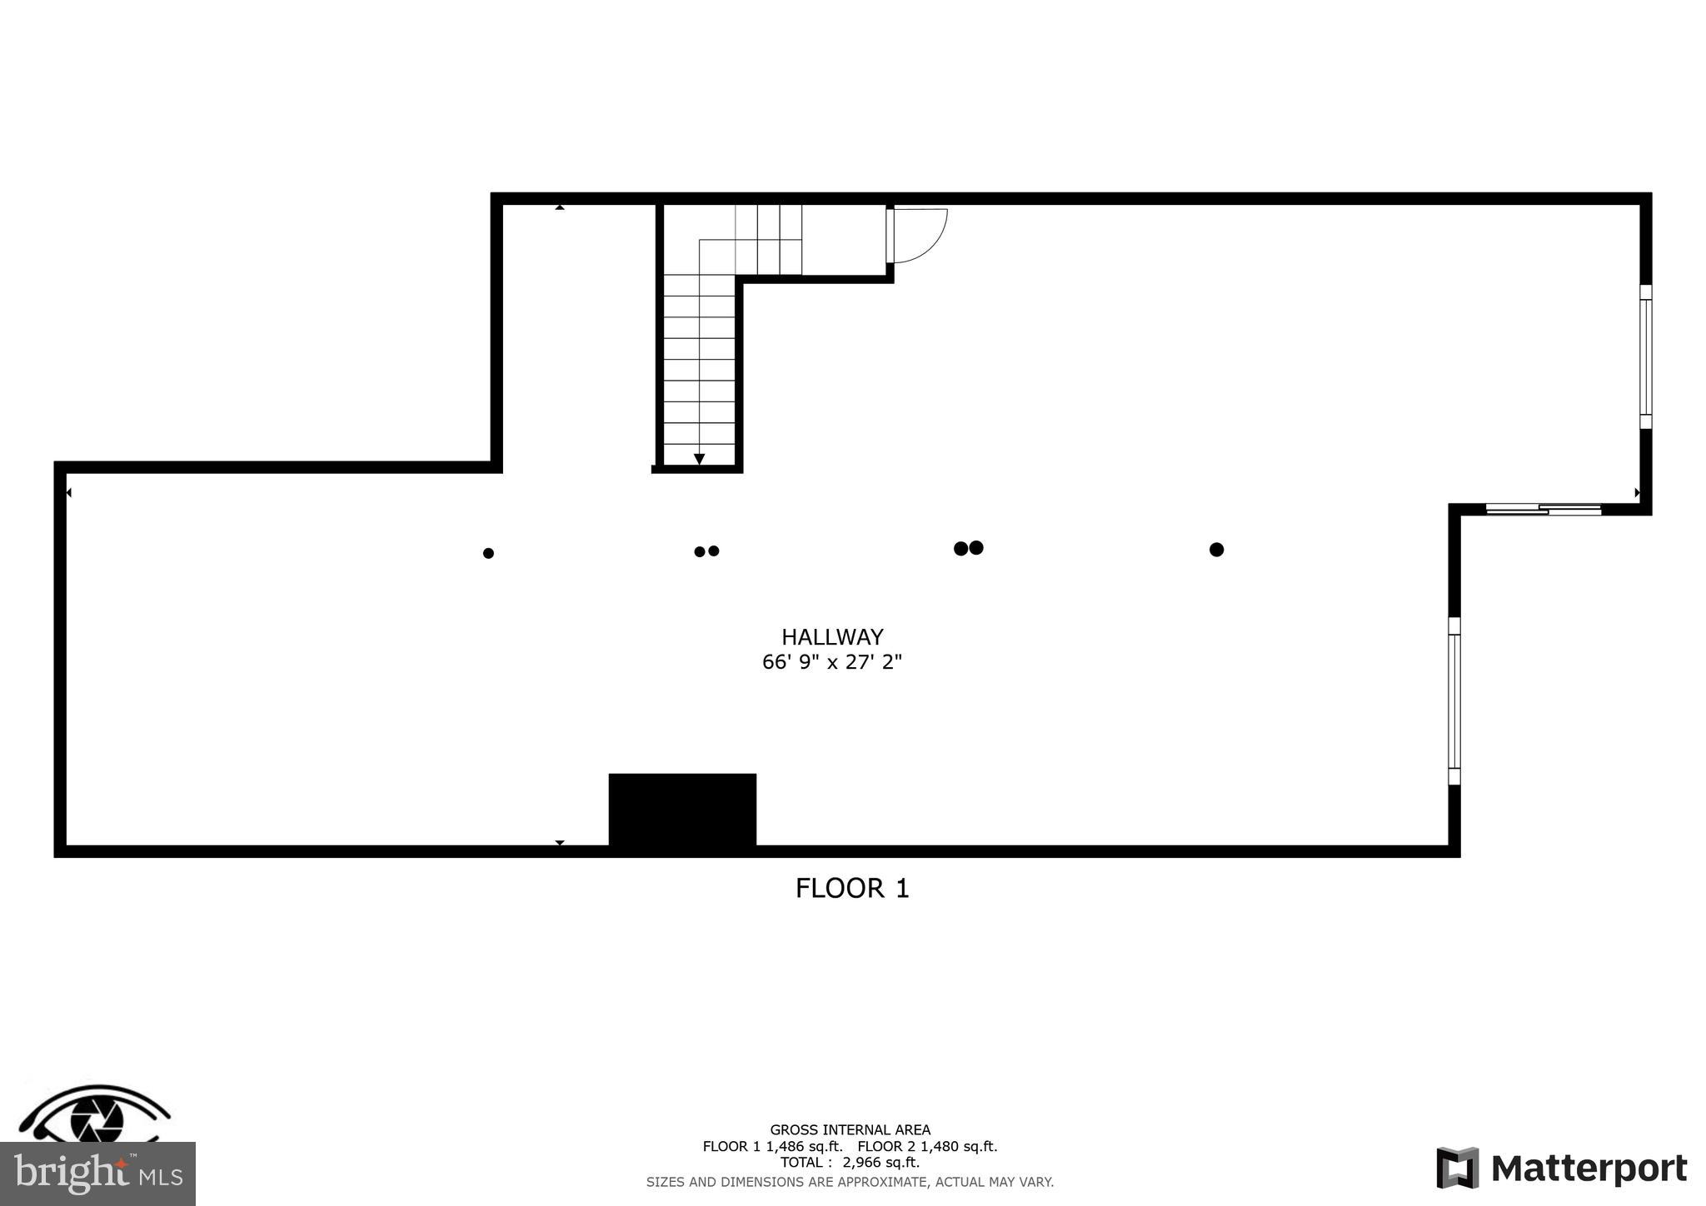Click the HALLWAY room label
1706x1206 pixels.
point(831,637)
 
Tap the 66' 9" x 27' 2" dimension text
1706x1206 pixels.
point(831,663)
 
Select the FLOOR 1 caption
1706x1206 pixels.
point(851,889)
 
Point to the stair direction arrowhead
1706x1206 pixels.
point(699,459)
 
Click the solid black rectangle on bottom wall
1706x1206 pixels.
point(682,810)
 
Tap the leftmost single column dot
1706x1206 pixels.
point(488,553)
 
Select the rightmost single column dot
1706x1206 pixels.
point(1216,550)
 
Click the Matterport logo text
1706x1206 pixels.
point(1588,1169)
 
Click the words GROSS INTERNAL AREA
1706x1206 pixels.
point(850,1130)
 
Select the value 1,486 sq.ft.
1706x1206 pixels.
point(804,1147)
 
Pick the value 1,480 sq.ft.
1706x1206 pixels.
point(958,1147)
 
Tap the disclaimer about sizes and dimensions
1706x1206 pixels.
point(850,1182)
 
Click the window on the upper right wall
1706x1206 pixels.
point(1645,356)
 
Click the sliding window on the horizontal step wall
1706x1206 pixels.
point(1544,509)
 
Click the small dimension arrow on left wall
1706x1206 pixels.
point(68,493)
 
